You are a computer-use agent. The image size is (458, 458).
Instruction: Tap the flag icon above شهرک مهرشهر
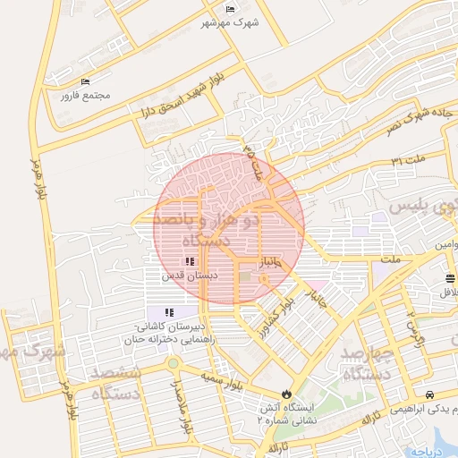tap(230, 10)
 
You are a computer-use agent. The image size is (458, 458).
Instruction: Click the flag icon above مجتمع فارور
tap(86, 82)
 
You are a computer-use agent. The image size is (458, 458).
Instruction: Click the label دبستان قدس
tap(179, 276)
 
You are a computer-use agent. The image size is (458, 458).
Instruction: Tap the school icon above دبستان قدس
tap(189, 261)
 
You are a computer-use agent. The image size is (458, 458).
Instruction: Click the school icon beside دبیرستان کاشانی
tap(168, 312)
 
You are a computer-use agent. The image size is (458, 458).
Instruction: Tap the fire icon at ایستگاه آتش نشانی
tap(285, 393)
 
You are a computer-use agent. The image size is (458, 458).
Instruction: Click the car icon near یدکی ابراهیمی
tap(430, 394)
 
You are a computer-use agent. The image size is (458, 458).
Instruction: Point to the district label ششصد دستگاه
tap(114, 381)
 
